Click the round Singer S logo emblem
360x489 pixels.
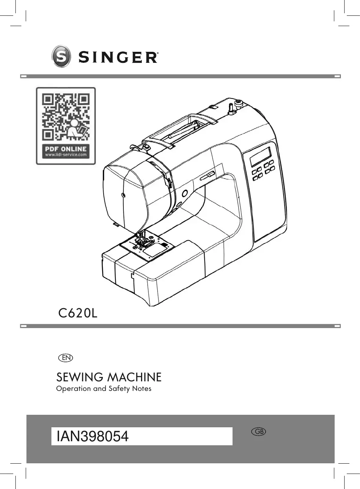click(x=61, y=56)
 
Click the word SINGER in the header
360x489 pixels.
click(x=118, y=58)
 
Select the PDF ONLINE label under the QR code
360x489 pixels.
click(x=66, y=149)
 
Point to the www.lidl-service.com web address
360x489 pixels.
click(x=66, y=155)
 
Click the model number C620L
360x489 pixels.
click(x=78, y=313)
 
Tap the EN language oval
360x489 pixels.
click(x=66, y=358)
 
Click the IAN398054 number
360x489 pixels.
click(x=93, y=436)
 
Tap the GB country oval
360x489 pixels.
click(x=259, y=432)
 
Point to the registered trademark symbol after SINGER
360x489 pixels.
click(x=158, y=54)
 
